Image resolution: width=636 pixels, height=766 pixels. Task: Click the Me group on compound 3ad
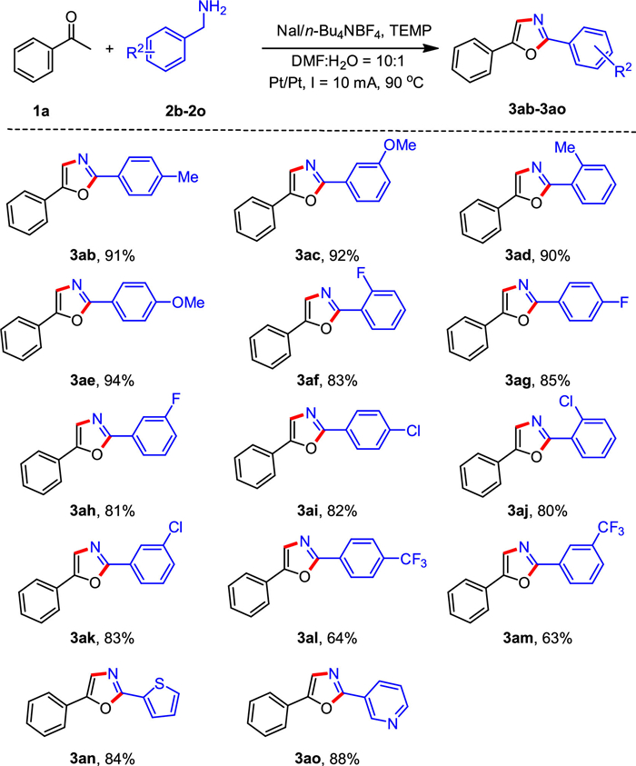(x=568, y=148)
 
